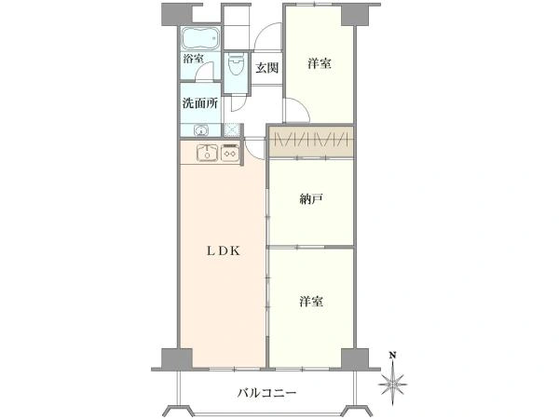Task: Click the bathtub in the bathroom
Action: [x=200, y=39]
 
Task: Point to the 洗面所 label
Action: [x=200, y=103]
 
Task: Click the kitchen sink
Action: [x=206, y=153]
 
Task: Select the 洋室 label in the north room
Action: [x=320, y=64]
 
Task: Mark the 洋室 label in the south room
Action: [x=311, y=302]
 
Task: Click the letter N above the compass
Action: [x=394, y=355]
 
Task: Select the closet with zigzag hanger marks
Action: [x=311, y=142]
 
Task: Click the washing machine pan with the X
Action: [x=231, y=129]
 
